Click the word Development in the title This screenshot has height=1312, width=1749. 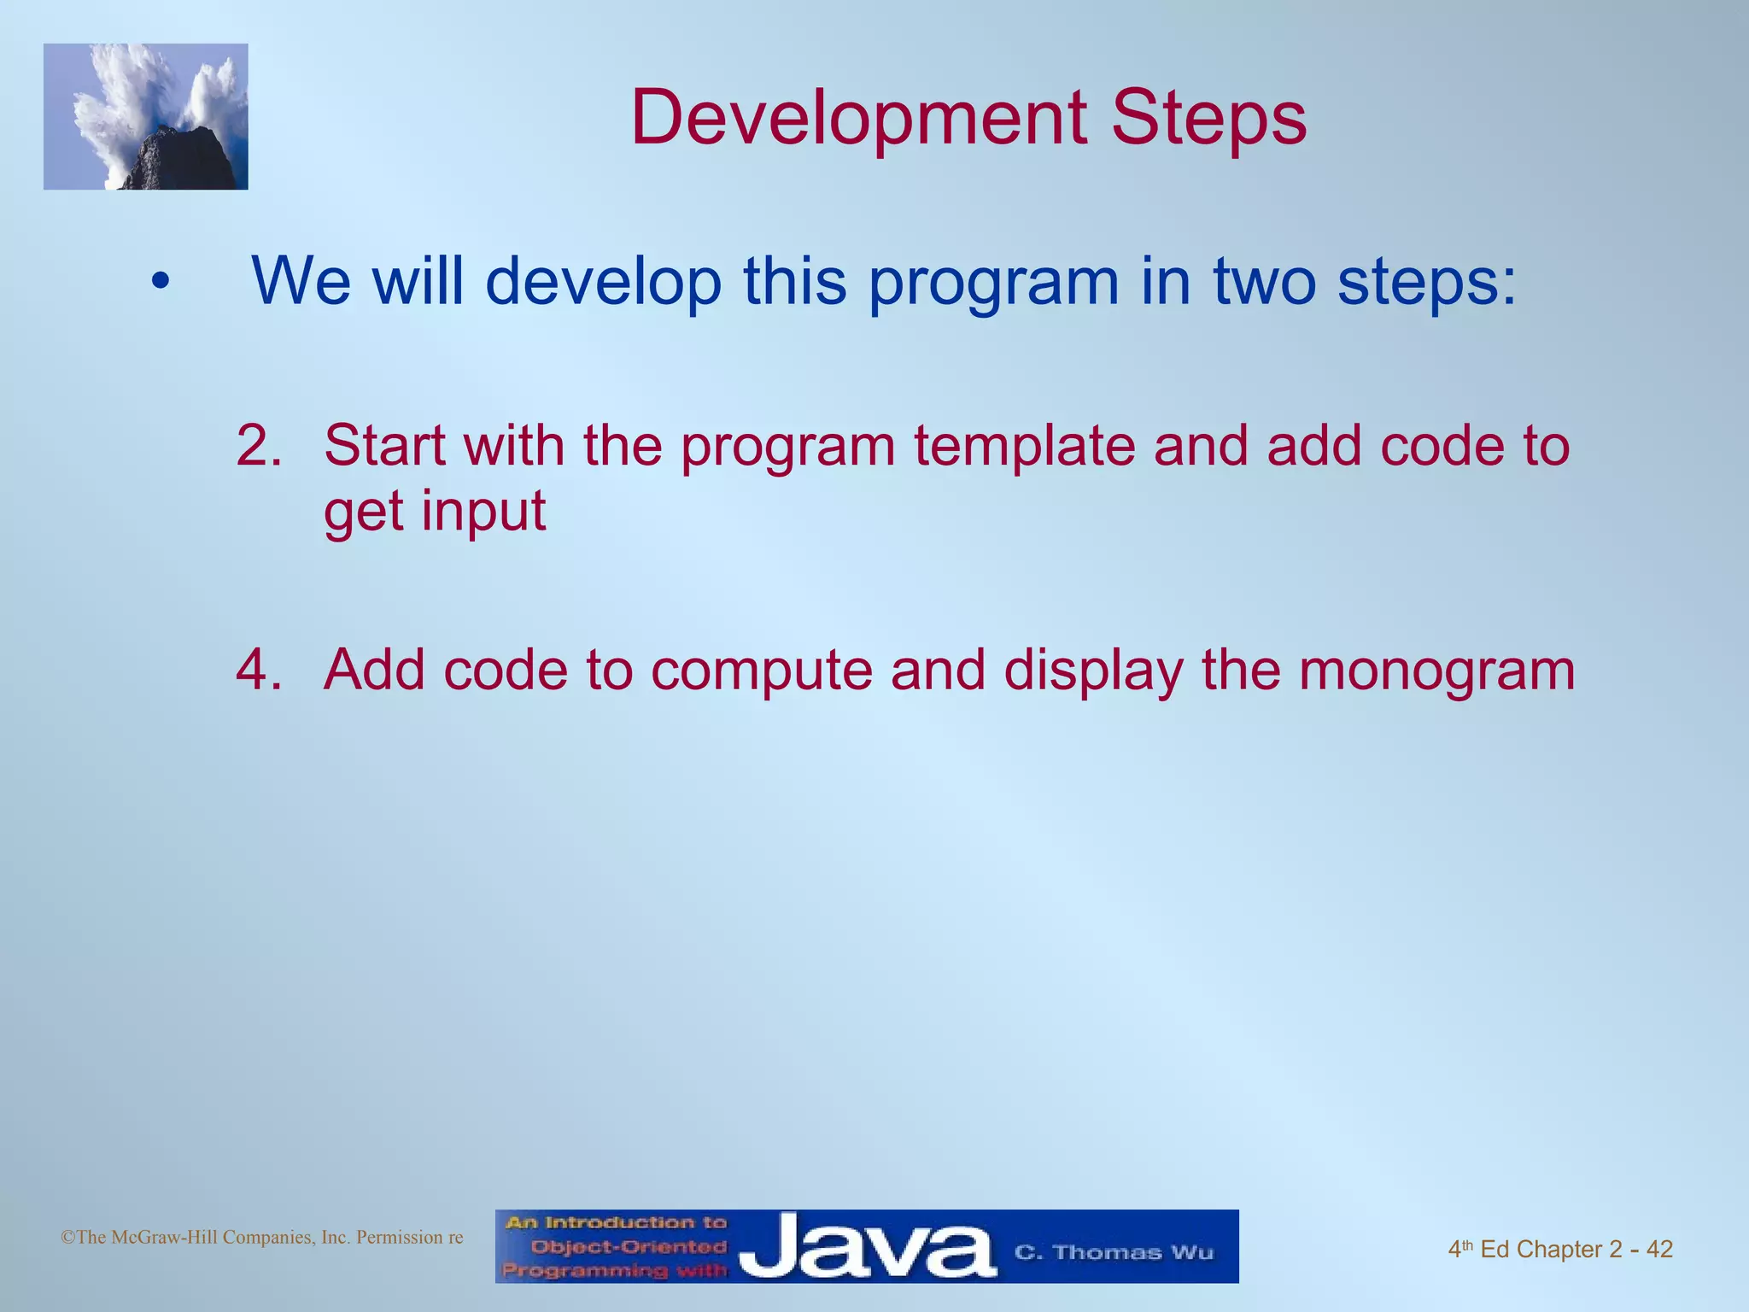coord(859,120)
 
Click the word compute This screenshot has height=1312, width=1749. coord(762,671)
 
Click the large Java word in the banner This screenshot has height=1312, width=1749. coord(867,1249)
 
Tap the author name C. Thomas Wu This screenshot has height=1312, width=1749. coord(1114,1253)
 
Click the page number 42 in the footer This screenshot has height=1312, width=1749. coord(1659,1250)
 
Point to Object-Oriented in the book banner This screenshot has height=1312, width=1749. coord(628,1247)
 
